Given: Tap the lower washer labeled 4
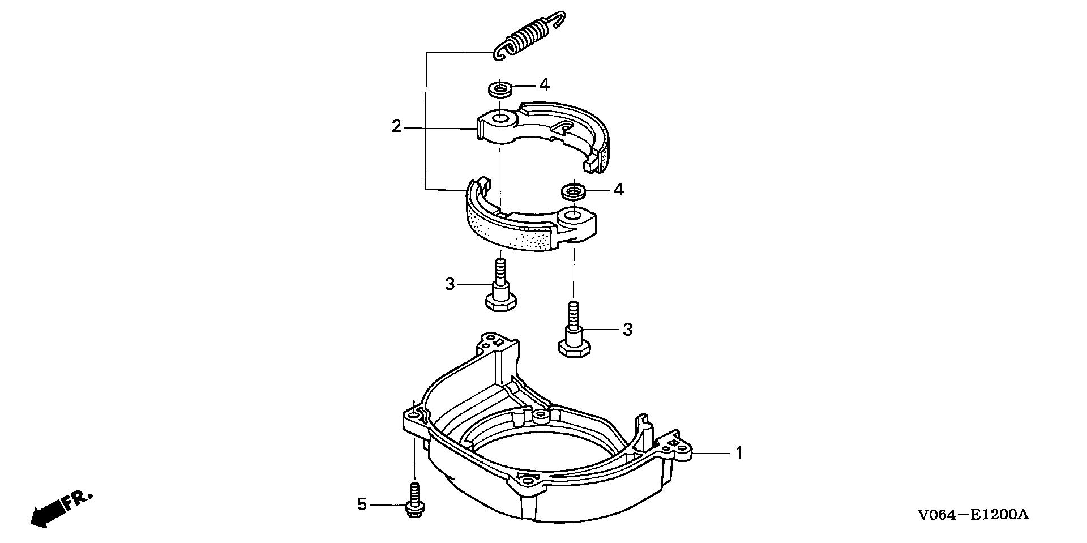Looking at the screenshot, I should [574, 191].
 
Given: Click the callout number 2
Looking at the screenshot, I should [396, 126].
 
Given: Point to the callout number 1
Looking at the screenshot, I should [738, 453].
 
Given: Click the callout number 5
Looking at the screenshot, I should [362, 504].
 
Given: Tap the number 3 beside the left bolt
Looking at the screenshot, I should [450, 284].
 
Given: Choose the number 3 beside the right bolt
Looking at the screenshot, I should [627, 329].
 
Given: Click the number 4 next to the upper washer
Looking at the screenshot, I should [544, 85].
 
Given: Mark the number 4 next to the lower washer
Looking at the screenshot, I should [619, 189].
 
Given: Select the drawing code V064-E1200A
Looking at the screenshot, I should [973, 515].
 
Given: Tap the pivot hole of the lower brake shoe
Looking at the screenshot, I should [574, 215].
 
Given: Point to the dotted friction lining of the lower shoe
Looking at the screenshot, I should [510, 232].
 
